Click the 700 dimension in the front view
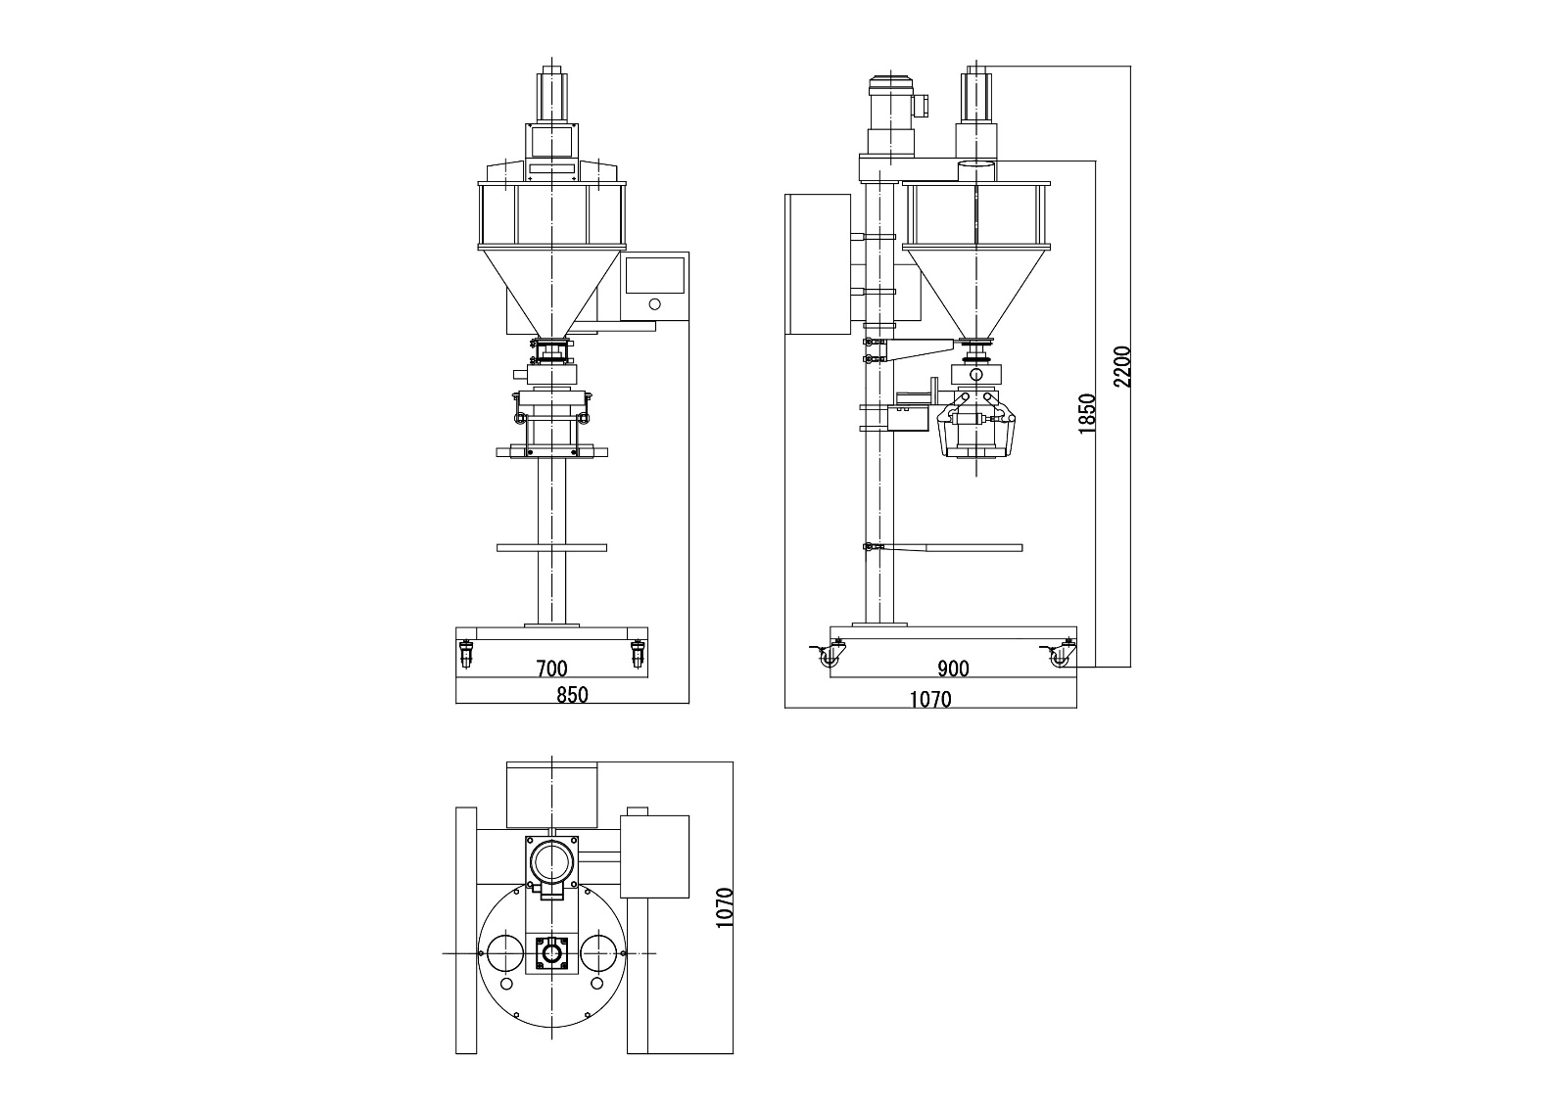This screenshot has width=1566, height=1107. coord(551,669)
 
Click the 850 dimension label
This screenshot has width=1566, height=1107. coord(572,695)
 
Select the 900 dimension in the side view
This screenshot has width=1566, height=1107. coord(953,669)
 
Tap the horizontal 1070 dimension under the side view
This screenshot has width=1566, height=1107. coord(929,699)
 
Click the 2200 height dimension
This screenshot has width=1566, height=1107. coord(1122,366)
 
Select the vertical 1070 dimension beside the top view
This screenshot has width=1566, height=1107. coord(725,907)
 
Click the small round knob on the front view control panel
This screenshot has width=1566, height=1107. coord(654,306)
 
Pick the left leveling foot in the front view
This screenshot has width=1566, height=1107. coord(465,654)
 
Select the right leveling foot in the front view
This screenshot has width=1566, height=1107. coord(639,654)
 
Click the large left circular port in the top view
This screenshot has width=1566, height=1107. coord(504,952)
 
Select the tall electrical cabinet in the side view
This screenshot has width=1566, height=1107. coord(818,264)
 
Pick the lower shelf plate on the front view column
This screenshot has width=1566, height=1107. coord(551,547)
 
